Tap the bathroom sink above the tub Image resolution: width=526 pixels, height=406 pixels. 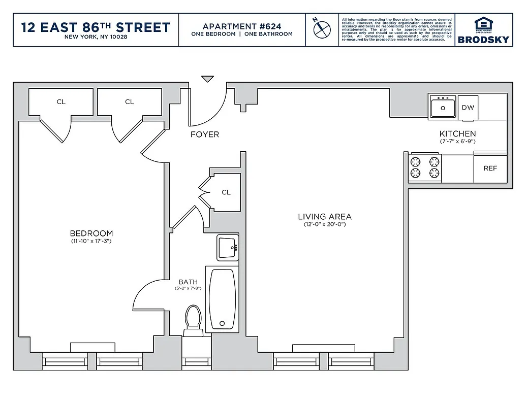click(227, 248)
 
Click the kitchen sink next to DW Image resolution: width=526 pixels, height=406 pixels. click(443, 108)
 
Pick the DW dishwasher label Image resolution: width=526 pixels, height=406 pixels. click(468, 108)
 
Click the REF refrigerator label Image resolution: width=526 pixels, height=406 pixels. click(490, 168)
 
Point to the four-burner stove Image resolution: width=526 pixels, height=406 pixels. click(425, 168)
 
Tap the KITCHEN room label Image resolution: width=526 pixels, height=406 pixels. click(457, 134)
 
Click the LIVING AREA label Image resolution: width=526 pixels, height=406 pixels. click(324, 217)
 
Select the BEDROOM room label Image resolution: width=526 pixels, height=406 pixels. click(91, 233)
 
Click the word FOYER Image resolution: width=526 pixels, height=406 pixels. click(205, 134)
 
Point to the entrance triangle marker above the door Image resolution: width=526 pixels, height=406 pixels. click(207, 79)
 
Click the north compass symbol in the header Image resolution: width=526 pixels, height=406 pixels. click(322, 29)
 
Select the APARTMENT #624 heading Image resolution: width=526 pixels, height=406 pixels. click(242, 26)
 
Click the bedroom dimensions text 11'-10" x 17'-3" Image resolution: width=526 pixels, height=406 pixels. click(91, 242)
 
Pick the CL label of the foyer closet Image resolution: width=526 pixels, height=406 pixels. click(226, 192)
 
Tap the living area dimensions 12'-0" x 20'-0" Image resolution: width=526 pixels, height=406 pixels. click(324, 224)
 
